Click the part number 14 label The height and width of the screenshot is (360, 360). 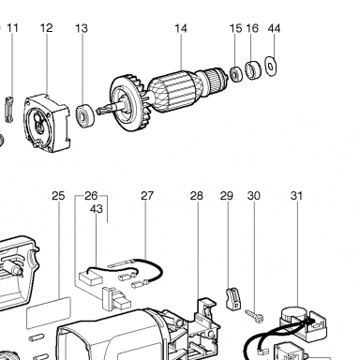click(181, 28)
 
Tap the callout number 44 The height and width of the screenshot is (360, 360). click(274, 28)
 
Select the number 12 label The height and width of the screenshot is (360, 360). click(46, 28)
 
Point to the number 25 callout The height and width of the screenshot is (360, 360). click(58, 196)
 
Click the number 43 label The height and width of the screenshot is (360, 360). click(97, 209)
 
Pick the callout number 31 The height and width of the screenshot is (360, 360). click(296, 196)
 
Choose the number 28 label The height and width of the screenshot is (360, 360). click(197, 196)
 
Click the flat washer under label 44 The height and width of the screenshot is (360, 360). click(271, 66)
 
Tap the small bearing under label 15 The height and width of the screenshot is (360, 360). click(235, 74)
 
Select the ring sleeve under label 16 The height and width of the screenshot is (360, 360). click(253, 70)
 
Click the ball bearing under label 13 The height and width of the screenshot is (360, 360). click(84, 115)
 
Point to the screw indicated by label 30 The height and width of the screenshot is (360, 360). click(254, 316)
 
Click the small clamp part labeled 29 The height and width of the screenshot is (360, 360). click(233, 298)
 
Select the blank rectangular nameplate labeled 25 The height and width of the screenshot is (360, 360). click(49, 312)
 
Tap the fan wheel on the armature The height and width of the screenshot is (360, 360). click(128, 103)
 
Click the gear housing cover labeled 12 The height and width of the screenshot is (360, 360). click(47, 123)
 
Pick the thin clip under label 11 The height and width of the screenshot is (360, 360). click(9, 109)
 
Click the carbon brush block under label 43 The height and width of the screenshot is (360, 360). click(91, 277)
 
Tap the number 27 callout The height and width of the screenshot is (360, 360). click(147, 196)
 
